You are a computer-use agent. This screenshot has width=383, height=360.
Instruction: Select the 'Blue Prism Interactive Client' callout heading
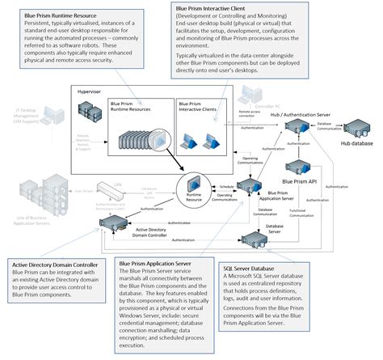(208, 8)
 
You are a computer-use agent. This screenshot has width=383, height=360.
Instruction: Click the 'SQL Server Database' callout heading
(255, 268)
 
